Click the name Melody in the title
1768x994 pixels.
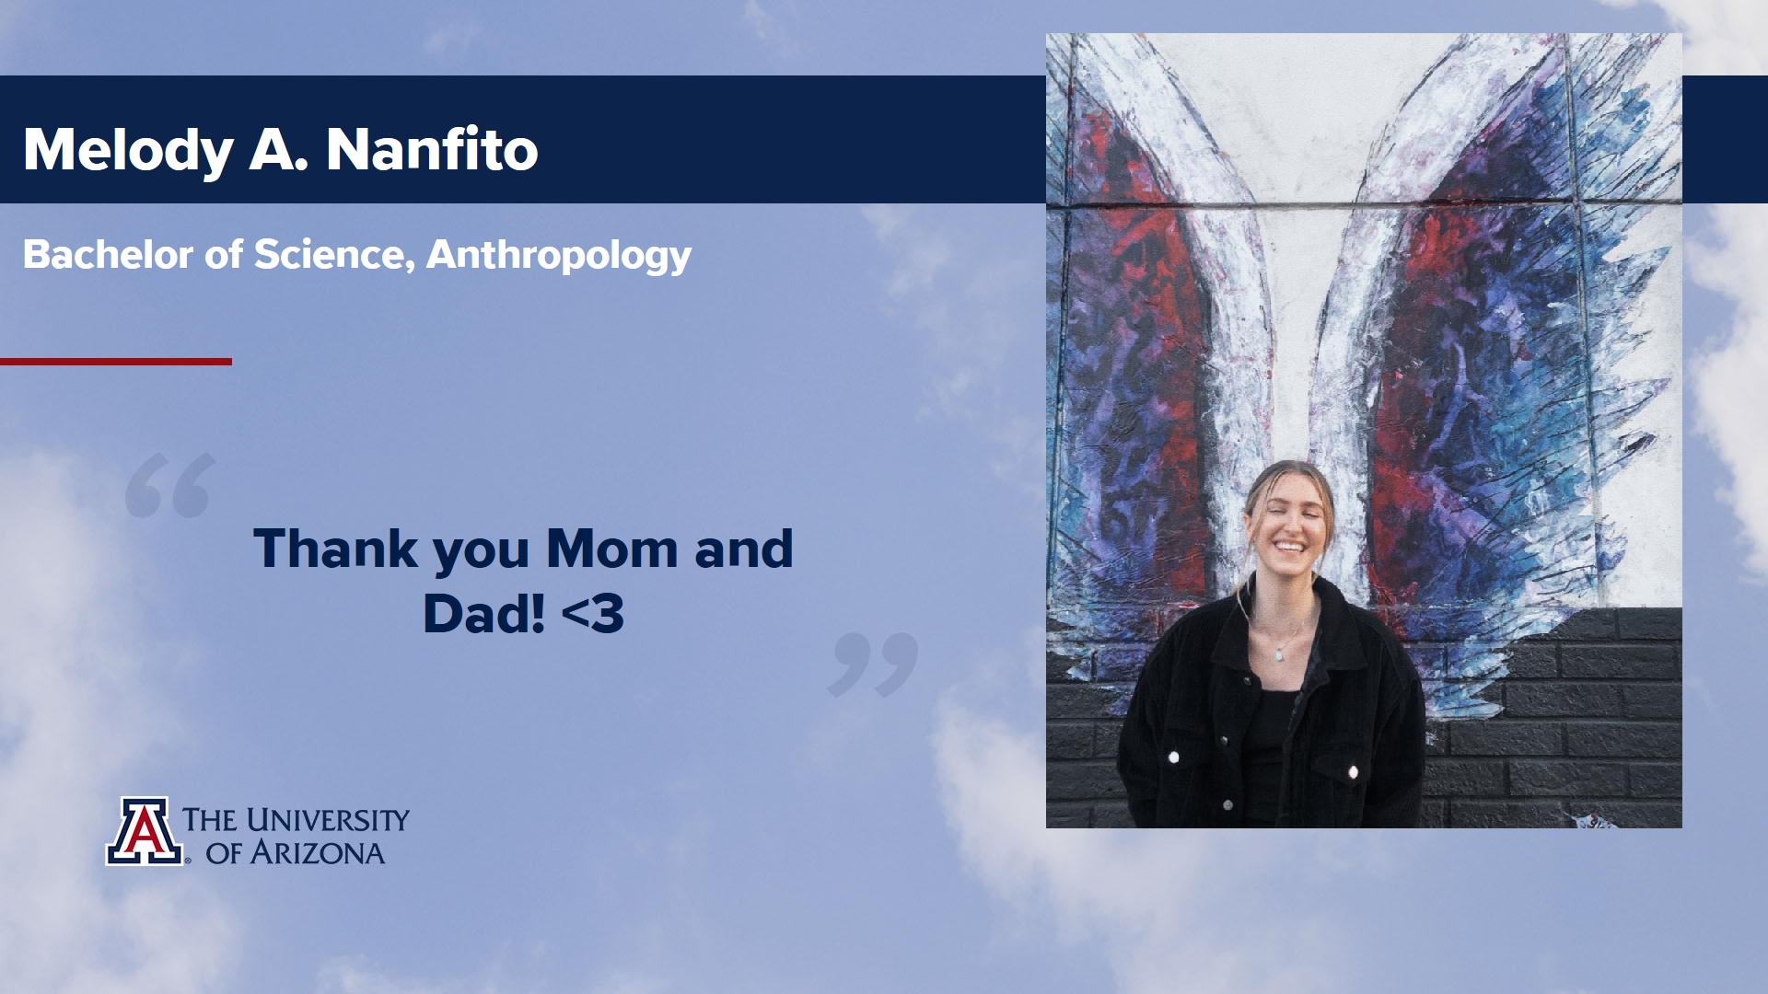[x=128, y=150]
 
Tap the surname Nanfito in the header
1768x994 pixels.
[x=432, y=149]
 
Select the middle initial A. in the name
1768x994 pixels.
[x=278, y=150]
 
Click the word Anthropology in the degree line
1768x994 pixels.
[x=559, y=256]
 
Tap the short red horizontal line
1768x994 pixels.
[x=116, y=362]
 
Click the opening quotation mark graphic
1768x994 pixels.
[x=170, y=485]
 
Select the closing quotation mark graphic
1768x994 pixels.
[x=873, y=665]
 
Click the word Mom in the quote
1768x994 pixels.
[x=612, y=549]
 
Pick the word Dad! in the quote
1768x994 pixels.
[x=484, y=614]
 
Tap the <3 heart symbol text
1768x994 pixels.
[x=592, y=614]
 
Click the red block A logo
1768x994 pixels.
[x=144, y=831]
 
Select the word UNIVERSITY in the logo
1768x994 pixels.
[x=327, y=819]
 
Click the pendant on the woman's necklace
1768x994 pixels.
[x=1279, y=654]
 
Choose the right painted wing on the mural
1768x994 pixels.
[x=1492, y=368]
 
